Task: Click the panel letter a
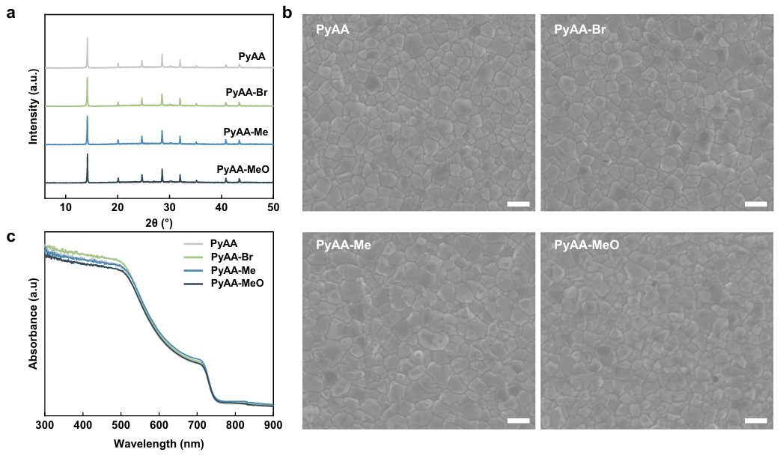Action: (x=10, y=13)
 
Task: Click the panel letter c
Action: (x=10, y=239)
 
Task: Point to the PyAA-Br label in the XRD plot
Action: (x=247, y=93)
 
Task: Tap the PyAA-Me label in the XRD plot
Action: (x=247, y=132)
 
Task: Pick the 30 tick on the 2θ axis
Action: (x=170, y=207)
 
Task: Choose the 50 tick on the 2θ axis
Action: (x=273, y=207)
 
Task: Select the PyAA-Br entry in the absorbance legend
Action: (x=232, y=257)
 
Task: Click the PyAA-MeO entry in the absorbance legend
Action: (x=237, y=284)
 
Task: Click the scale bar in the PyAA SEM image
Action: (x=518, y=204)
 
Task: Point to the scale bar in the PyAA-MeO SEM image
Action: (x=755, y=421)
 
